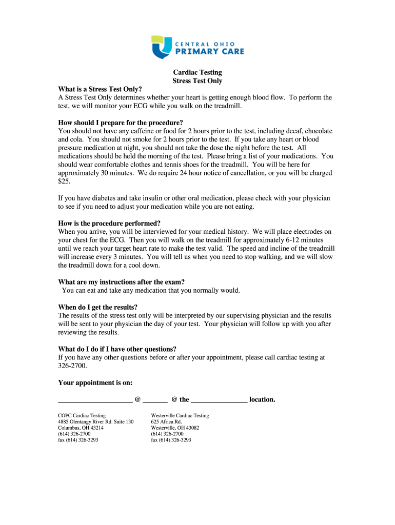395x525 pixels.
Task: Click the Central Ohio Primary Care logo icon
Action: point(162,47)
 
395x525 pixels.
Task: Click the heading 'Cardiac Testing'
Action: point(197,72)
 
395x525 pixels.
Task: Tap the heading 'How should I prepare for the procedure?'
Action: point(121,123)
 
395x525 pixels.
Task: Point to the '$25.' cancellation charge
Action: point(65,181)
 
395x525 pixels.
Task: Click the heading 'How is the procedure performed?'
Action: point(109,223)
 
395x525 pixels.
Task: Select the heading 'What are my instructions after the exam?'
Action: point(122,282)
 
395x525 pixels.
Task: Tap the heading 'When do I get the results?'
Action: point(98,307)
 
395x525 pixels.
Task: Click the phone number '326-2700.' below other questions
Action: point(73,366)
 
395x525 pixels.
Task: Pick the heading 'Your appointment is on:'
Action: point(95,382)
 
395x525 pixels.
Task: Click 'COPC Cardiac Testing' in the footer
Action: point(82,416)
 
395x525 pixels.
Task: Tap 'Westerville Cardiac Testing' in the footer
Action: point(180,416)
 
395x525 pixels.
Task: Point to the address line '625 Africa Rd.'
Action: point(167,422)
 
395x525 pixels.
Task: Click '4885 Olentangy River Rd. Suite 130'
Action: point(96,422)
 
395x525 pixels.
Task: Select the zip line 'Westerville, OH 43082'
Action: point(175,428)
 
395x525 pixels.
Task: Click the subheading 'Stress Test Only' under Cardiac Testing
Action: point(197,81)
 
